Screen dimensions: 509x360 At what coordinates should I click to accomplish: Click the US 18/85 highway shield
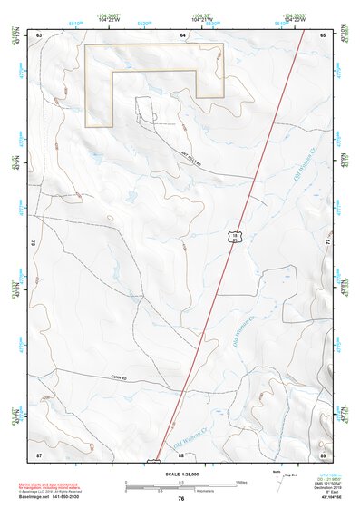click(235, 238)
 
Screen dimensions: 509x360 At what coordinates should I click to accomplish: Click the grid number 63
click(40, 34)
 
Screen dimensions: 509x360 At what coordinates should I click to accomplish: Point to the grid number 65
click(322, 34)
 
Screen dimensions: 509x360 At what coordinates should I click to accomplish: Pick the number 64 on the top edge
click(182, 34)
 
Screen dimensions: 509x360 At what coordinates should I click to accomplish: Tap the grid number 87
click(39, 453)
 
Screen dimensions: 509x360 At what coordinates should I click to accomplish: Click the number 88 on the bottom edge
click(180, 454)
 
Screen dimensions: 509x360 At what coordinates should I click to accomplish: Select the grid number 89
click(322, 453)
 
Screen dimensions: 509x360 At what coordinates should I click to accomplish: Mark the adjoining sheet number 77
click(327, 243)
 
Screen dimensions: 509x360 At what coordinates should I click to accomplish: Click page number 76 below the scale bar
click(181, 498)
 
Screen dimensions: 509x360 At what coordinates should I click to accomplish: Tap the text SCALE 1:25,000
click(180, 474)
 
